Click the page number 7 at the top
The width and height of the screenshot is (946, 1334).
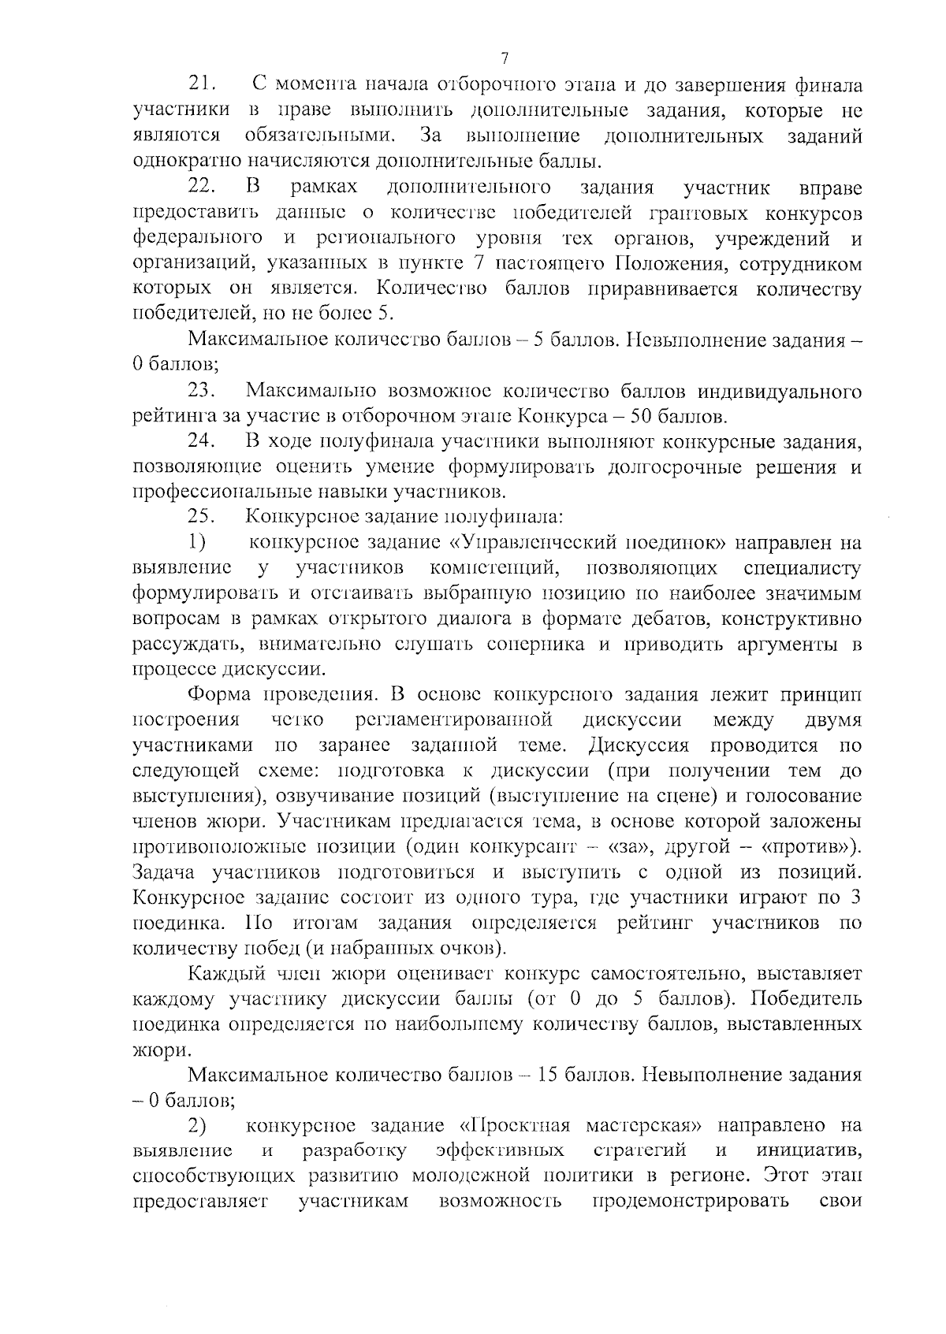[x=505, y=58]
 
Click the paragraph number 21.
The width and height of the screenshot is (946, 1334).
[x=202, y=84]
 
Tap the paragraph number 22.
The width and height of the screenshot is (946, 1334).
[x=202, y=188]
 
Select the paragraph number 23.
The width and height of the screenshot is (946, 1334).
[x=202, y=391]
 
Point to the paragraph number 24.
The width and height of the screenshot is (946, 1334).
[x=202, y=441]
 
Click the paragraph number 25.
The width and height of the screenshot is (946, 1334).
[x=202, y=517]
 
